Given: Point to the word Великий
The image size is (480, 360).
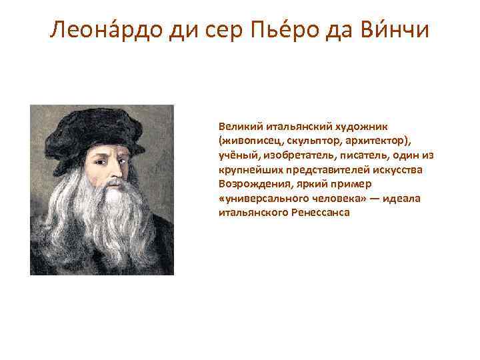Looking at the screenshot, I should click(x=237, y=125).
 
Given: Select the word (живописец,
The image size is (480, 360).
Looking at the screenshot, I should click(x=247, y=140).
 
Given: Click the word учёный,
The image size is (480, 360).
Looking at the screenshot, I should click(x=238, y=155).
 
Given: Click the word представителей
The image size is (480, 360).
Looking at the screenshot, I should click(x=311, y=169).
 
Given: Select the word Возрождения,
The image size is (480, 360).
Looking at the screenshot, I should click(x=255, y=184).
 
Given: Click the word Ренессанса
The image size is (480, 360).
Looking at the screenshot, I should click(x=317, y=213).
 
